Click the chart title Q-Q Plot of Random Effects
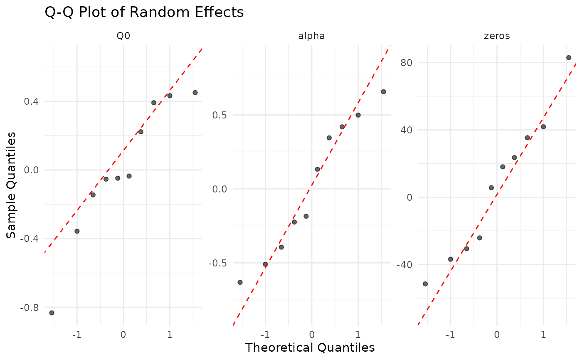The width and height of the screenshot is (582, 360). click(x=144, y=12)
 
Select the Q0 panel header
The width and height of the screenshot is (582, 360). click(x=123, y=36)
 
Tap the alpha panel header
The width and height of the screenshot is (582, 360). click(x=311, y=36)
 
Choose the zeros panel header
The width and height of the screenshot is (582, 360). click(x=497, y=36)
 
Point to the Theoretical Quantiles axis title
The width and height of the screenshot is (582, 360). click(x=310, y=348)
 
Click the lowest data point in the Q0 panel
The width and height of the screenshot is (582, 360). click(x=52, y=313)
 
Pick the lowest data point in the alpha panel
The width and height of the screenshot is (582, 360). click(x=240, y=282)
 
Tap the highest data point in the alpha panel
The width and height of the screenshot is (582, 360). click(x=383, y=91)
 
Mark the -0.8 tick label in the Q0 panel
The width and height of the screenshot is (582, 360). click(x=30, y=308)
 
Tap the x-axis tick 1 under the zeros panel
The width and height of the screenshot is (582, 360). click(x=543, y=335)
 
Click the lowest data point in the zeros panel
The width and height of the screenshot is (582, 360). click(x=425, y=284)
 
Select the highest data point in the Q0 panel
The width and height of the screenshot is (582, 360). click(x=195, y=92)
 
